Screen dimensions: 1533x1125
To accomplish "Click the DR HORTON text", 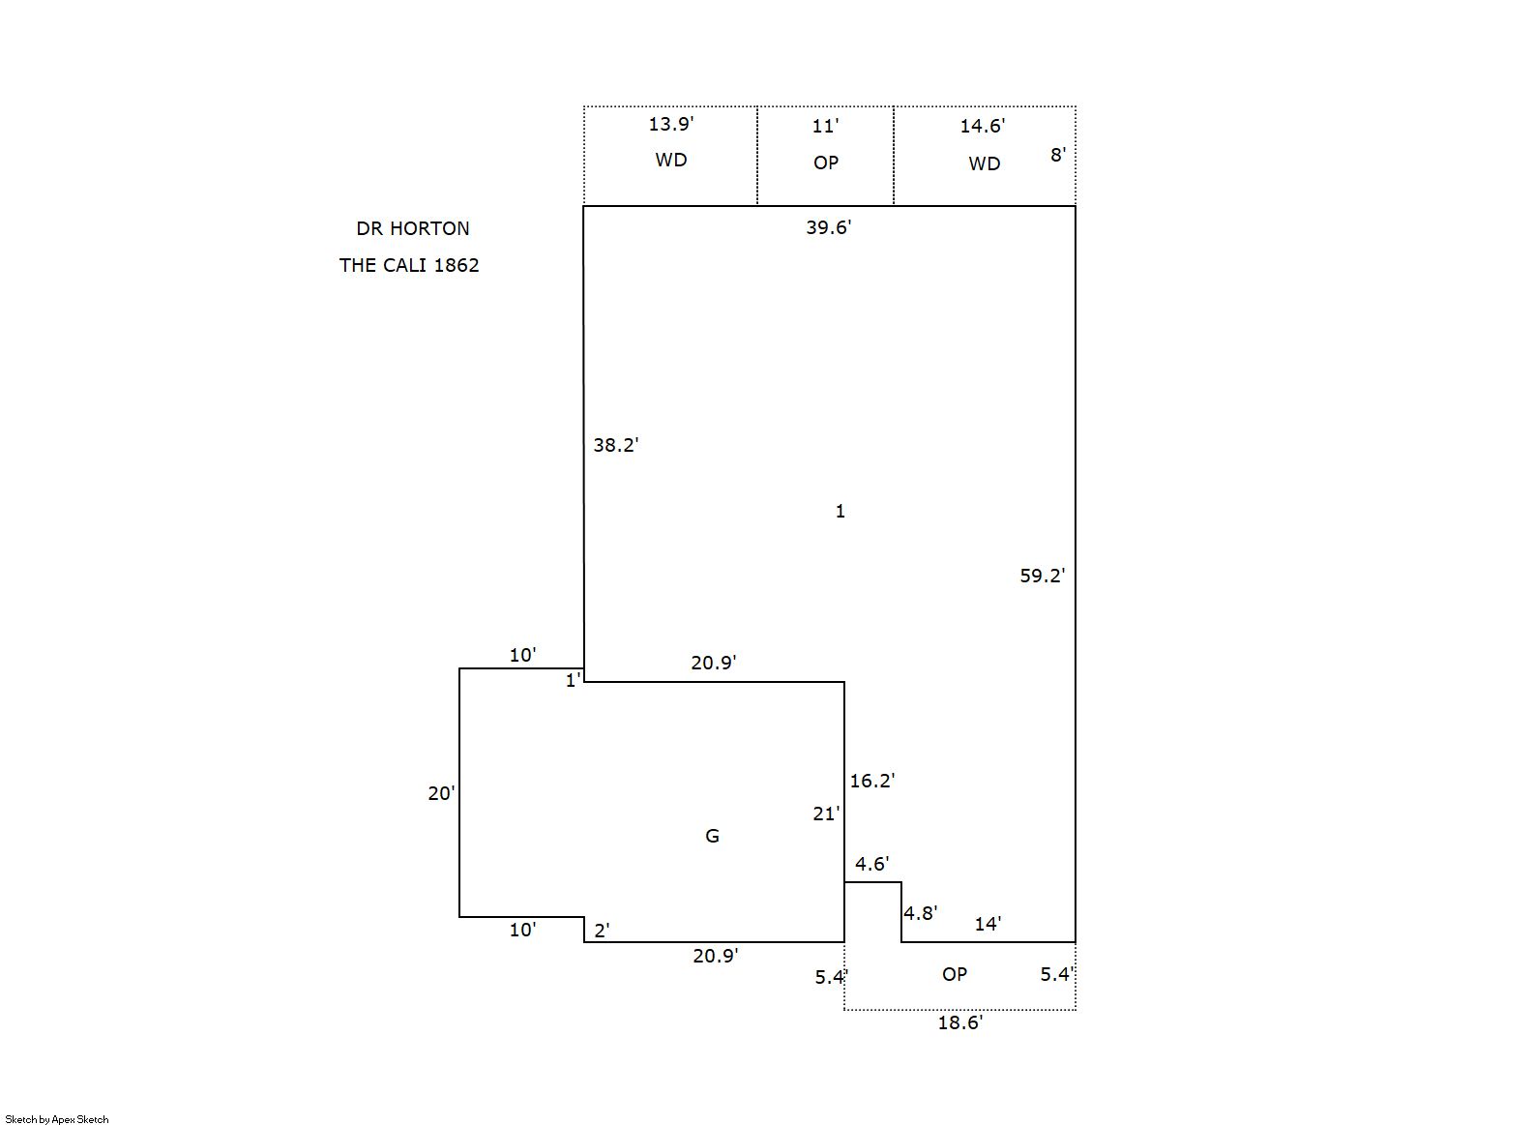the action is click(x=413, y=228).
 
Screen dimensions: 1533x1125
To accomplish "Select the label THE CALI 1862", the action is click(x=409, y=265).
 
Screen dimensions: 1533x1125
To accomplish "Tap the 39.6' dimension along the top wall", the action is click(x=828, y=227).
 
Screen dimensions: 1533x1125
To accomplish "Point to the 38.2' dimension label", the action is click(x=615, y=446).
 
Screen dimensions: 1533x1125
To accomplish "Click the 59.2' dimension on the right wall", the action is click(x=1043, y=576).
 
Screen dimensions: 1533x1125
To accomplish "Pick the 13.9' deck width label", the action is click(x=670, y=124).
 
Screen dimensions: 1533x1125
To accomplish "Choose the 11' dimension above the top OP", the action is click(x=825, y=126).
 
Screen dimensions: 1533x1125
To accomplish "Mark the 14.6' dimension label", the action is click(x=982, y=126).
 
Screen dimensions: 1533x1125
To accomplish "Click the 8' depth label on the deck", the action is click(x=1058, y=156).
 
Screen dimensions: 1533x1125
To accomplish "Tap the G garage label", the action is click(x=712, y=836).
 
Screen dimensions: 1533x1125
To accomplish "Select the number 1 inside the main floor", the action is click(x=840, y=511).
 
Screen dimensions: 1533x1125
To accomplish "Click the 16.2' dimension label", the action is click(x=871, y=781).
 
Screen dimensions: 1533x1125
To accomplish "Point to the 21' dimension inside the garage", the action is click(x=826, y=814).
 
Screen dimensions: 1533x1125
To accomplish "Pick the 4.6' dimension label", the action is click(x=871, y=864).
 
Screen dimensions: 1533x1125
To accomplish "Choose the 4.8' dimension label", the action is click(x=921, y=913).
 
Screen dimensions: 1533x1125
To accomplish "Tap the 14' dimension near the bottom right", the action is click(x=988, y=924).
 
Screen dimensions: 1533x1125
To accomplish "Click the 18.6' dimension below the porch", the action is click(x=960, y=1022).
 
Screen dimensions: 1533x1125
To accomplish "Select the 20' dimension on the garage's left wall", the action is click(x=441, y=793).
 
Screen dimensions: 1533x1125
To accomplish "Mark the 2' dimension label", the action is click(x=602, y=931).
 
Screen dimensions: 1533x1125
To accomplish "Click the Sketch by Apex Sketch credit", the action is click(x=57, y=1119).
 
